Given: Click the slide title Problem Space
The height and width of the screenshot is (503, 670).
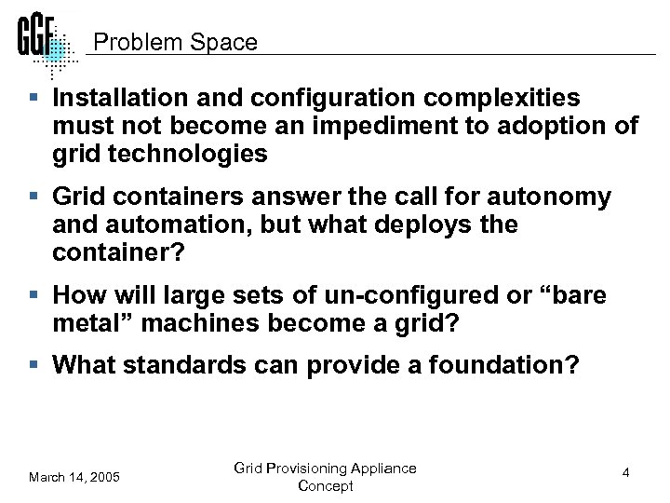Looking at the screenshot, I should [176, 43].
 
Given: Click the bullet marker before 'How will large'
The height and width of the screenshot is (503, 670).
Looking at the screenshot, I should [35, 296].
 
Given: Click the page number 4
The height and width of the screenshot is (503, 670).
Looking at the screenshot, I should [626, 473].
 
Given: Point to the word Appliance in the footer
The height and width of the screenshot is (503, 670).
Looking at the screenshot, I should [382, 468].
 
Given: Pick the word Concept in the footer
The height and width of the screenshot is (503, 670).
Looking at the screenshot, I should [326, 486].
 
